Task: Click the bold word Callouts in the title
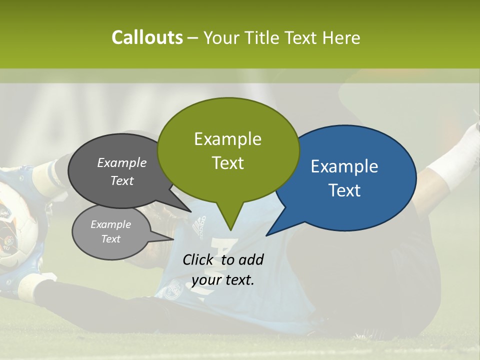[x=147, y=37]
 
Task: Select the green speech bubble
[x=228, y=150]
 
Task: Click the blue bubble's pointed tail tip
[x=266, y=235]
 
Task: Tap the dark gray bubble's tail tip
[x=191, y=211]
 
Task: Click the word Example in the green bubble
[x=227, y=138]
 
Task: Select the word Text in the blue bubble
[x=345, y=190]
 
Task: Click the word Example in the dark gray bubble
[x=122, y=162]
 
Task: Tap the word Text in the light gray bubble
[x=111, y=239]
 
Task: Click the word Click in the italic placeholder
[x=198, y=259]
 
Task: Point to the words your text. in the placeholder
[x=223, y=279]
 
